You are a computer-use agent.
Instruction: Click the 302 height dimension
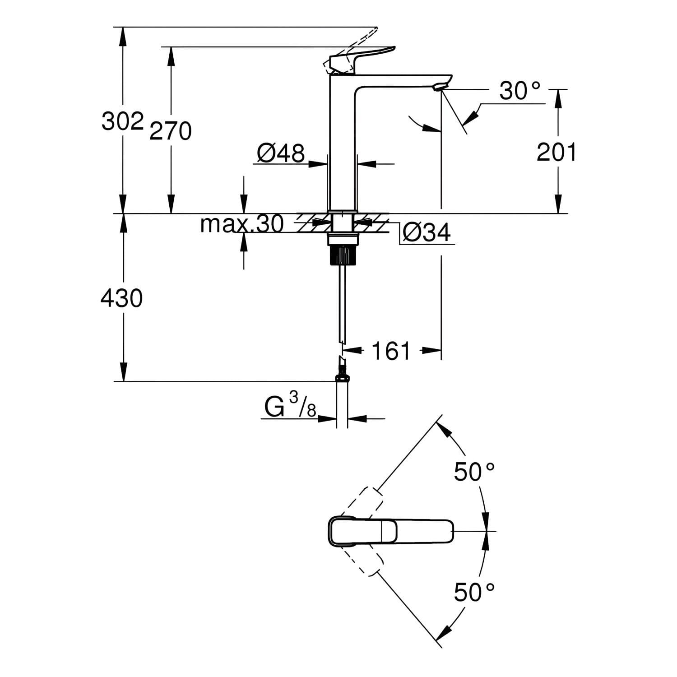click(122, 121)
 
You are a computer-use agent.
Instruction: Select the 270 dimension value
click(171, 131)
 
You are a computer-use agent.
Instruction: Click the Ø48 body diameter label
click(281, 153)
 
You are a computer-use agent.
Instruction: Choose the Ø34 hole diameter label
click(427, 233)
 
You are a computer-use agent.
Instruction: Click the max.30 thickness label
click(242, 223)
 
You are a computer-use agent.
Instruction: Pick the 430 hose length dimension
click(122, 298)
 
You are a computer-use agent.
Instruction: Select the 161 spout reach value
click(391, 350)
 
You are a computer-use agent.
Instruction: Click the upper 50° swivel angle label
click(474, 472)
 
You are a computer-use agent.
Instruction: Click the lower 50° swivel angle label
click(474, 592)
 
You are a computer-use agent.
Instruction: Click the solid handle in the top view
click(390, 531)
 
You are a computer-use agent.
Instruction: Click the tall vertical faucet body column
click(342, 144)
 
